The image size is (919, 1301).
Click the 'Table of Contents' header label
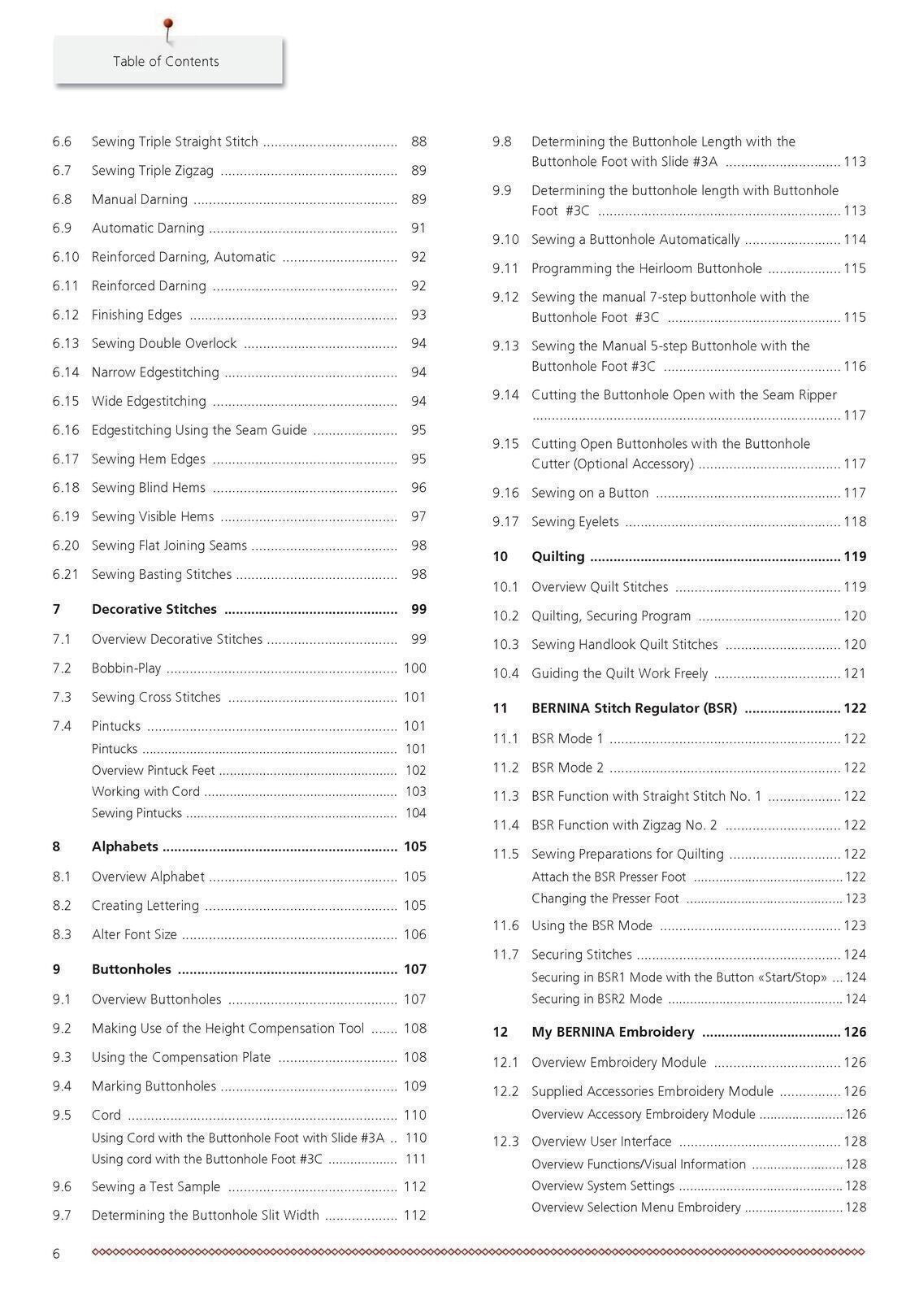(166, 61)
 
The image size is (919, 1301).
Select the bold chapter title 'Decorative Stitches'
(154, 609)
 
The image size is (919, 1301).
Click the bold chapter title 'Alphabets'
(125, 846)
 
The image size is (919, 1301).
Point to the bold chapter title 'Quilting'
(558, 556)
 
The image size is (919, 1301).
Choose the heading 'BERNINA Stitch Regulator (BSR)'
(635, 708)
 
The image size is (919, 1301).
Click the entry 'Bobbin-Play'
(127, 668)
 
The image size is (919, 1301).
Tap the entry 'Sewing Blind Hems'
(149, 488)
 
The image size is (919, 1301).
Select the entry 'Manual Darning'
(140, 199)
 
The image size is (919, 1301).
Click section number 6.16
(66, 430)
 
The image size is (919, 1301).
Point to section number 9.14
(505, 395)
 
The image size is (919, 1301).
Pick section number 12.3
(505, 1142)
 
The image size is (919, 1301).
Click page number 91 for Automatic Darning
(418, 228)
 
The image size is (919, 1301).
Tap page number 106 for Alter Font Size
(414, 935)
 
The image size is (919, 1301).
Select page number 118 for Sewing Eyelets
(855, 522)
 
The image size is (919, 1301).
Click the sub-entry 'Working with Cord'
(145, 792)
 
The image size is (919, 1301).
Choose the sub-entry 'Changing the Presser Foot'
(605, 899)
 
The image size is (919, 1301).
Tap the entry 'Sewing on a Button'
(590, 493)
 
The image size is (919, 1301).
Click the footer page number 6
(56, 1254)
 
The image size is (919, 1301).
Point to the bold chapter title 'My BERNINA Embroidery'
(613, 1033)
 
